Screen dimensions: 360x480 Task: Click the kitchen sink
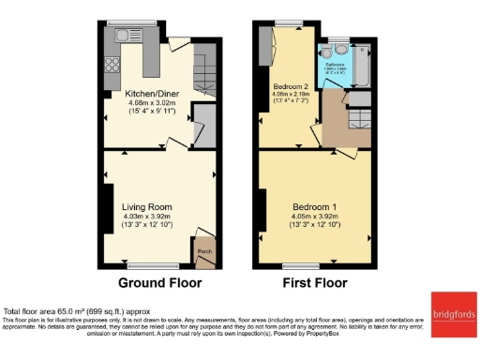(123, 37)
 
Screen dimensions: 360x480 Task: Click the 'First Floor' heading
(314, 282)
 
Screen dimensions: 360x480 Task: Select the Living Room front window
(148, 265)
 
